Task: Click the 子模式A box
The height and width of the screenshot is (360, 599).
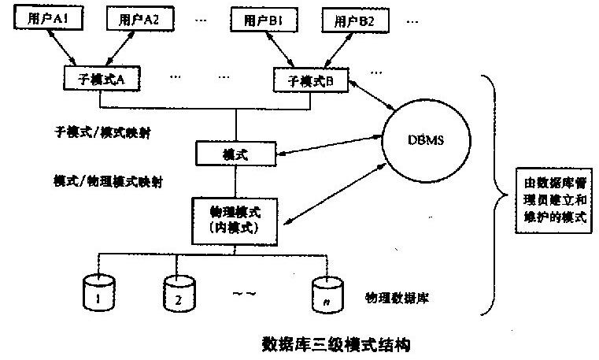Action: (101, 80)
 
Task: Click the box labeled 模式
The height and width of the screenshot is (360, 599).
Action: (237, 152)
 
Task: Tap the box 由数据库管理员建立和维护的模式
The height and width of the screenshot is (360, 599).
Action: (555, 197)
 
